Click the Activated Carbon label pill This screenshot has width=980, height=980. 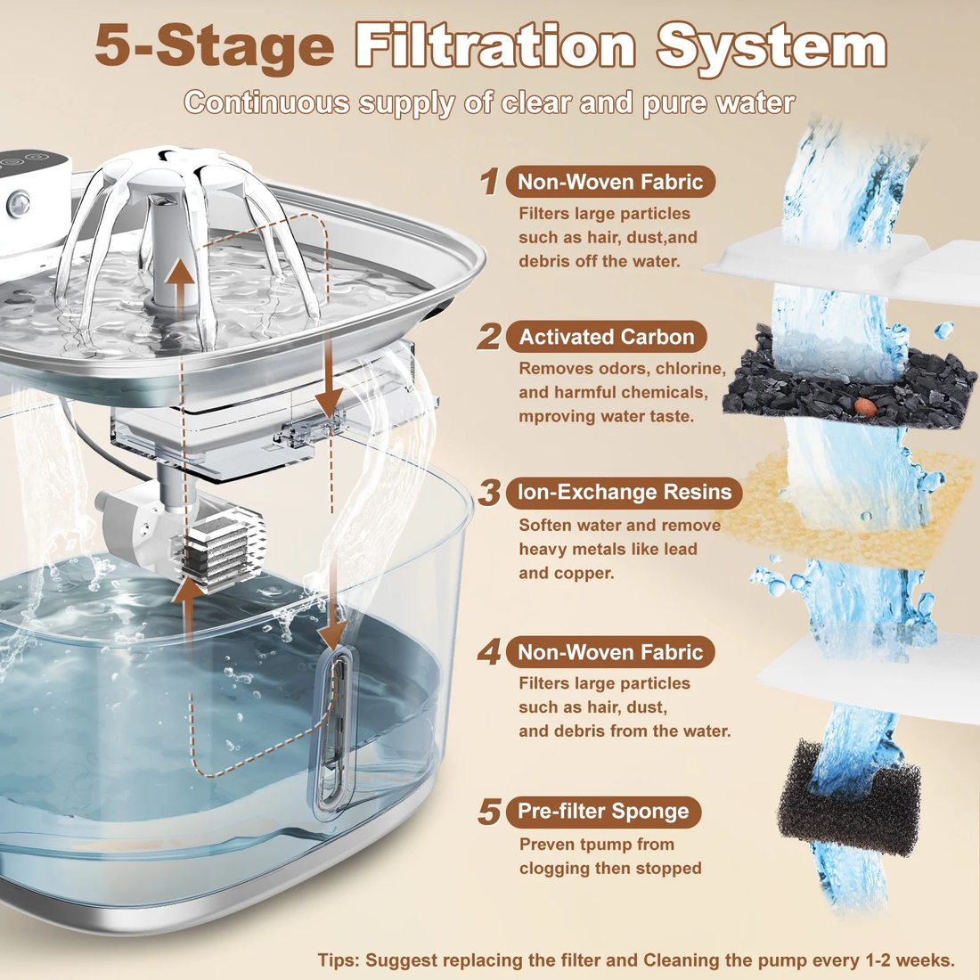(x=607, y=337)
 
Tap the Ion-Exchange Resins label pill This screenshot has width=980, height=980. (x=624, y=492)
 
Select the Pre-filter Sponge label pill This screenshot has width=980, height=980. (x=603, y=812)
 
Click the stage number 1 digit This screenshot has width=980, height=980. (x=488, y=183)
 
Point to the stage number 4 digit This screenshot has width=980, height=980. (x=488, y=653)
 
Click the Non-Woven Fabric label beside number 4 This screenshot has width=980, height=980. (x=610, y=652)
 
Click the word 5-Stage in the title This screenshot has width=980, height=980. (x=214, y=46)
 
